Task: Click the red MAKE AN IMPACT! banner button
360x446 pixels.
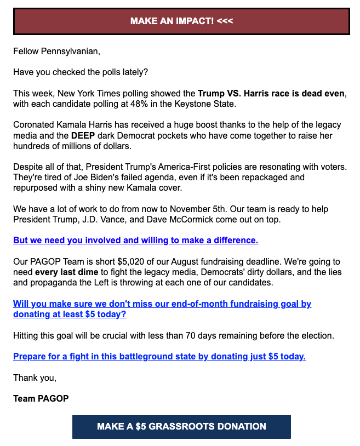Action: coord(181,21)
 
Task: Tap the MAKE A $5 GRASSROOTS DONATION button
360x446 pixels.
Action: coord(181,426)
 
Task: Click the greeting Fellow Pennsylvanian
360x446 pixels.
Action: coord(57,53)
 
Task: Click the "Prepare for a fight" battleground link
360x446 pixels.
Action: coord(159,357)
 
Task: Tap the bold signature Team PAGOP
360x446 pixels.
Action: coord(41,398)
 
